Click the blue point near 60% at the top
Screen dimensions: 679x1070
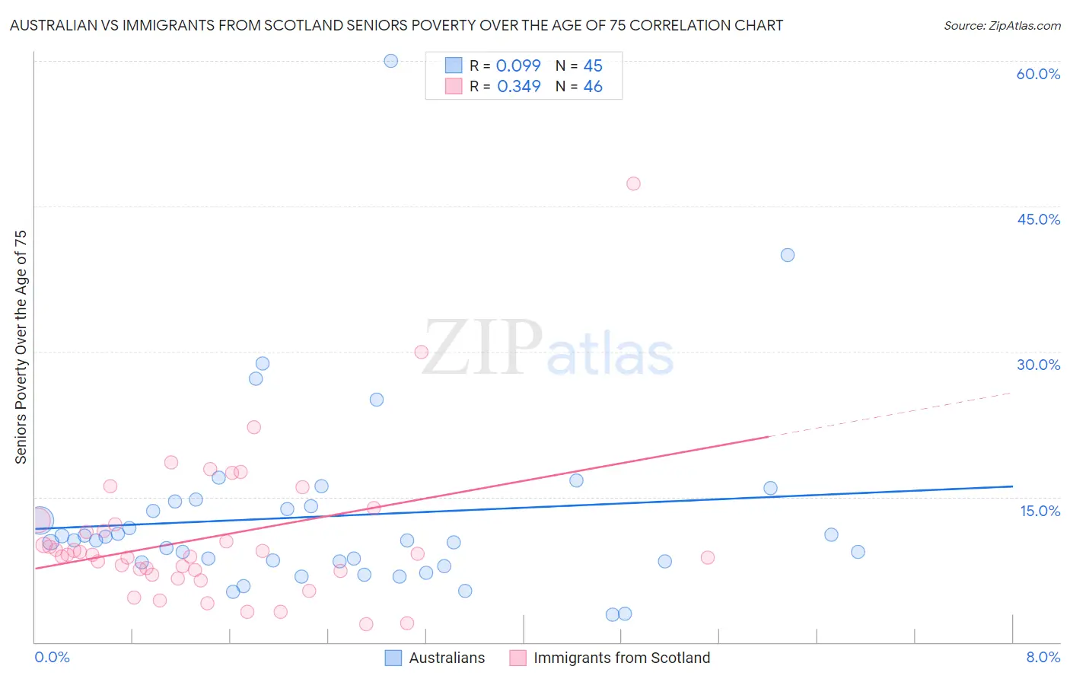(390, 61)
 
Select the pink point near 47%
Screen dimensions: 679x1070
(633, 183)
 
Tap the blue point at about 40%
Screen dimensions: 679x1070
(788, 255)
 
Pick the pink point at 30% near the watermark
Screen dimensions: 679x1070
(421, 352)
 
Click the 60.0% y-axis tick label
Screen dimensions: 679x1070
(1038, 74)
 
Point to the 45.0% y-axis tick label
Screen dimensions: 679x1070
(1038, 219)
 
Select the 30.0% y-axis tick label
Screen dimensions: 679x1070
(1038, 365)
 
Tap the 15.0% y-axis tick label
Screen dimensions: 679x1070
(1040, 510)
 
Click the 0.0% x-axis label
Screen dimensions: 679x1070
(52, 658)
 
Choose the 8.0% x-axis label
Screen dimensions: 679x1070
(1043, 658)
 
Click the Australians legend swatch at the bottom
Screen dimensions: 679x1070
(393, 658)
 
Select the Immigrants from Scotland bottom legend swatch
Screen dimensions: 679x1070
(517, 658)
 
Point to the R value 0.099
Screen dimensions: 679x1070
(518, 66)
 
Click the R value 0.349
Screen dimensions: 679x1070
(518, 87)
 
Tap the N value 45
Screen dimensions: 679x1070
(593, 66)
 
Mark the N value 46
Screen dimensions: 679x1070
(593, 87)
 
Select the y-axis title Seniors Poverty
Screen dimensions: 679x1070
(21, 346)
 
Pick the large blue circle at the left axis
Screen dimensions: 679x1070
(40, 521)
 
